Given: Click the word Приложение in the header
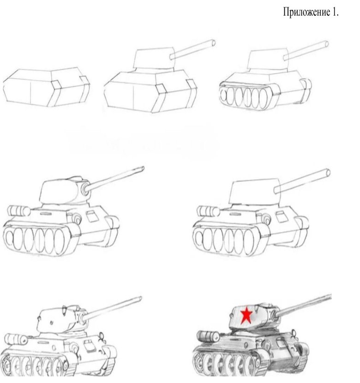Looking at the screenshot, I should (x=305, y=12).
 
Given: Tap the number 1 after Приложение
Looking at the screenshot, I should (x=335, y=12).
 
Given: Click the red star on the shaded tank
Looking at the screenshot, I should (x=247, y=315).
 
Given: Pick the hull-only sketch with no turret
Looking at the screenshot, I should (x=46, y=88).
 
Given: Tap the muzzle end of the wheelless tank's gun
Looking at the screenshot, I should (x=213, y=43).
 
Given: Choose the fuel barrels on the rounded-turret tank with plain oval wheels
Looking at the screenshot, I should (x=18, y=210).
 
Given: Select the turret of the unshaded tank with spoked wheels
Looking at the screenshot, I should (x=58, y=318).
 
